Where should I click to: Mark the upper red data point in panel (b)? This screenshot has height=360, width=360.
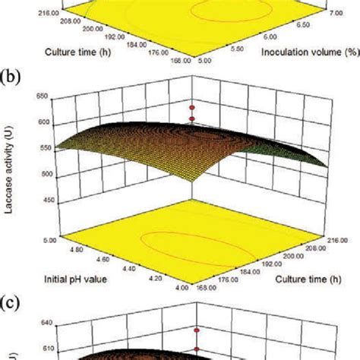pyautogui.click(x=192, y=108)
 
